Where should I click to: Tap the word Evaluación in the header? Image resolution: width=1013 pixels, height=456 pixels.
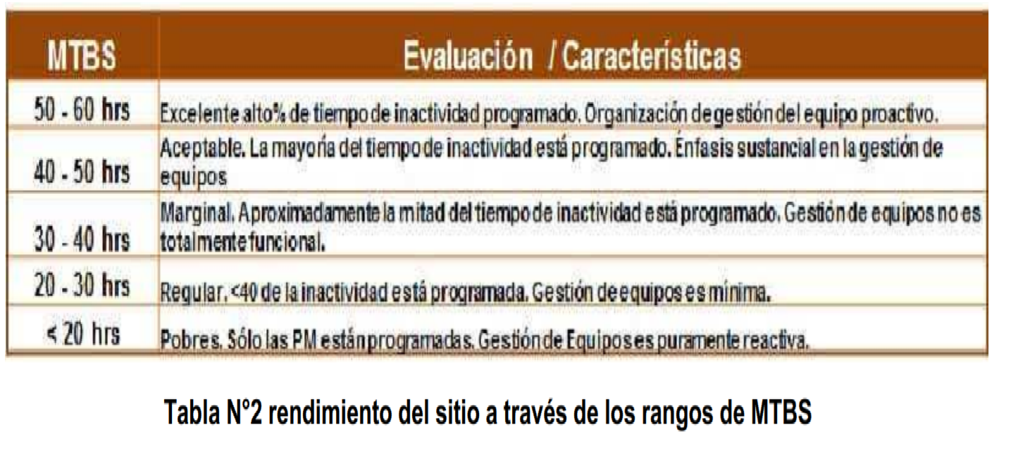[468, 56]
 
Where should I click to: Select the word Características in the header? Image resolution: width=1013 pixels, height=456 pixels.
[651, 56]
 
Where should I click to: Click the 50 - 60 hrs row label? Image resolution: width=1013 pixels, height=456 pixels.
[82, 110]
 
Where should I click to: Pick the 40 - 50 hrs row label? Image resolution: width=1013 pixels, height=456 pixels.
[82, 172]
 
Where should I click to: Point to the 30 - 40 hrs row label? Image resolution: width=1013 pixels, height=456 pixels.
[82, 239]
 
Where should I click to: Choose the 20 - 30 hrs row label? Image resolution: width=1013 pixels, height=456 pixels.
[82, 286]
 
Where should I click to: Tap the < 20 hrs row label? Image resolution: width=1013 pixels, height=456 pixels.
[84, 334]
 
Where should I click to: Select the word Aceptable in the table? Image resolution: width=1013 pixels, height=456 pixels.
[203, 148]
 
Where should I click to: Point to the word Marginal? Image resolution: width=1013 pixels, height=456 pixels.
[197, 213]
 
